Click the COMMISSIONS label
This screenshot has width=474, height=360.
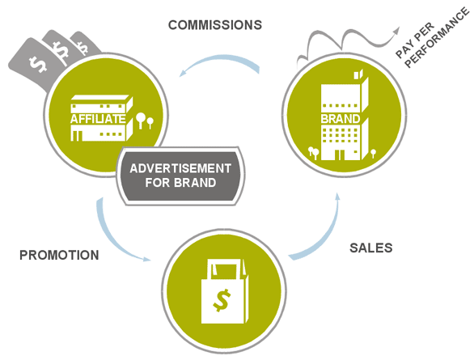[x=215, y=25]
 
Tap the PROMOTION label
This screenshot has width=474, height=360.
[x=59, y=255]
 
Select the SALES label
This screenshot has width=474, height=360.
[x=371, y=248]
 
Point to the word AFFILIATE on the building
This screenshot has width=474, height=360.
[x=98, y=119]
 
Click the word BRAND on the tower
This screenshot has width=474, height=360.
[x=340, y=119]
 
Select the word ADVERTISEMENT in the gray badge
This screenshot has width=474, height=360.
[x=180, y=168]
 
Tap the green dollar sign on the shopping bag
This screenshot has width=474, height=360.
[x=222, y=300]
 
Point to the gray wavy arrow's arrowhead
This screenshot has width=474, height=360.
[x=396, y=31]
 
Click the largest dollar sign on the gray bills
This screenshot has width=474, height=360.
[x=38, y=64]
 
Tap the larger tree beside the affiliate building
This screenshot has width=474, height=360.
[x=140, y=120]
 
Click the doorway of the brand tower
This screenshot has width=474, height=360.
[x=340, y=155]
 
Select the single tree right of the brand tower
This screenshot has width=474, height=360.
[x=374, y=153]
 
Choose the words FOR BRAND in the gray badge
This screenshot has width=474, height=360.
[x=180, y=183]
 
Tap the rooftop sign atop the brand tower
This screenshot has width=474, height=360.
[x=358, y=74]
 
